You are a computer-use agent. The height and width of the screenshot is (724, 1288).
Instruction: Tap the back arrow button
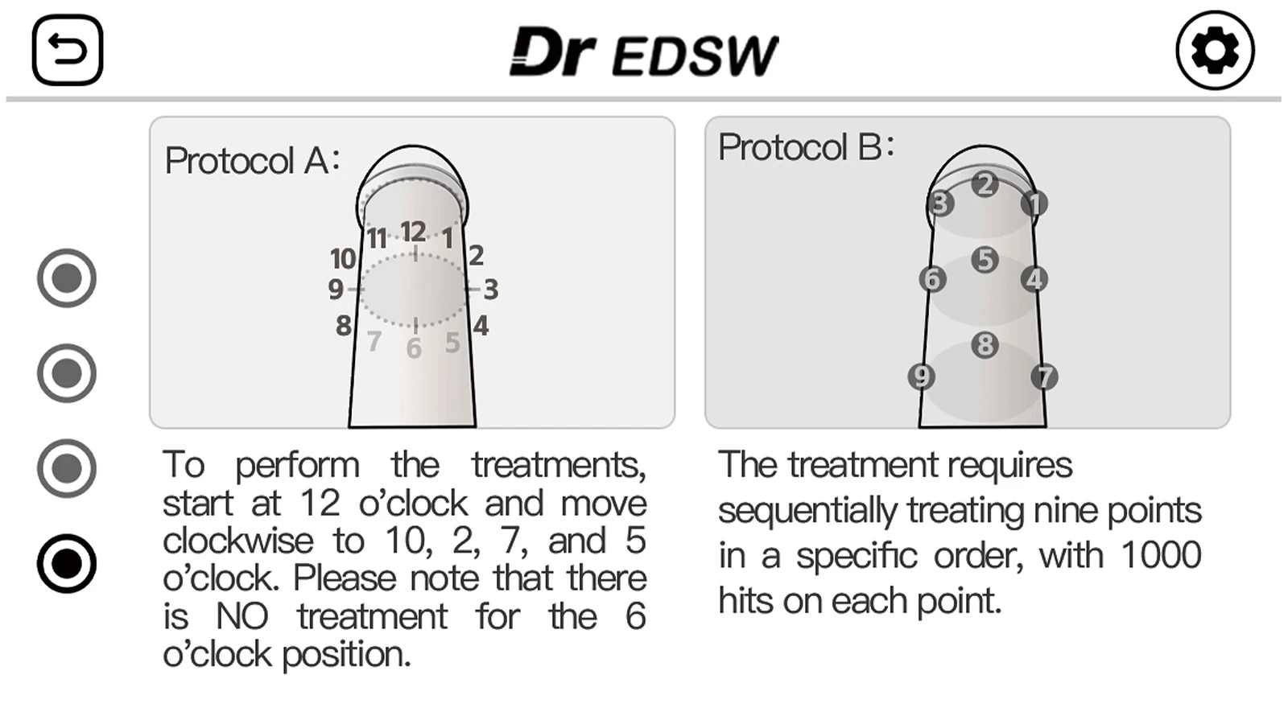tap(68, 50)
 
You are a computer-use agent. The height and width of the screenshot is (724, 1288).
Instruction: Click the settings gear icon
tap(1215, 51)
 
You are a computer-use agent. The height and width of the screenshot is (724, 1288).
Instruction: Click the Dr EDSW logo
tap(644, 51)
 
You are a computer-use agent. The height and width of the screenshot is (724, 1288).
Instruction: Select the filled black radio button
tap(67, 563)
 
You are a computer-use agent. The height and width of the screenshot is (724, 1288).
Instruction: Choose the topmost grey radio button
tap(67, 278)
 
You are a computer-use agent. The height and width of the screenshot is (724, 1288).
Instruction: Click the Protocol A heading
tap(253, 160)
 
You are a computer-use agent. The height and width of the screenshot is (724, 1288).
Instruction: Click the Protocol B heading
tap(806, 147)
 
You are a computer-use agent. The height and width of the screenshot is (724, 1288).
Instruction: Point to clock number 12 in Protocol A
tap(414, 232)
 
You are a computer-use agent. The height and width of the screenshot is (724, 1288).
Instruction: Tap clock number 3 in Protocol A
tap(490, 290)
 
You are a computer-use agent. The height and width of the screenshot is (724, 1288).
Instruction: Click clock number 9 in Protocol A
tap(336, 290)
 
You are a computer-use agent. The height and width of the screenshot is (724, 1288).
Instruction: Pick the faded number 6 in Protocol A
tap(414, 349)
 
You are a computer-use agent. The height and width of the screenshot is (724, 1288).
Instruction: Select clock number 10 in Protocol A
tap(343, 258)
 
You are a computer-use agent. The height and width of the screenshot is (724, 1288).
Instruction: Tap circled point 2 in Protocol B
tap(985, 184)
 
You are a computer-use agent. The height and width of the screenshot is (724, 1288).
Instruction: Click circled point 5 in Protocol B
tap(985, 260)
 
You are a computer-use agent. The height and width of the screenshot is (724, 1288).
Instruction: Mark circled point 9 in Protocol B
tap(921, 377)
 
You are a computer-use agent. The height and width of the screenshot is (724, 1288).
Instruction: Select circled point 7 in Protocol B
tap(1044, 377)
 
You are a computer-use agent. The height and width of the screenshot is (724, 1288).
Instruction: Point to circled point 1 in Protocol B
tap(1034, 204)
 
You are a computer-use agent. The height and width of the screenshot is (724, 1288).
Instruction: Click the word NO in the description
tap(242, 616)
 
